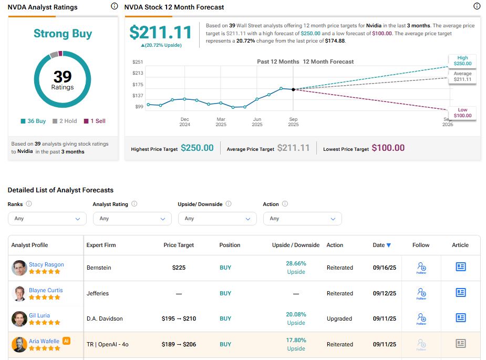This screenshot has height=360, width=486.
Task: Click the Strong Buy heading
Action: click(63, 34)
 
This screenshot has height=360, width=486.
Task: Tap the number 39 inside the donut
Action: click(63, 77)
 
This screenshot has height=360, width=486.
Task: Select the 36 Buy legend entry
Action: click(33, 121)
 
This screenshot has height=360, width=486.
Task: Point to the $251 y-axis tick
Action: click(138, 62)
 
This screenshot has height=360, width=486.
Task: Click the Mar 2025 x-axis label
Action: click(221, 122)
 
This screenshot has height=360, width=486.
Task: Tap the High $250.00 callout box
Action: click(462, 60)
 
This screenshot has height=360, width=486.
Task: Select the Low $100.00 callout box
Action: click(462, 112)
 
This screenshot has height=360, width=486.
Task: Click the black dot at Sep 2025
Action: click(293, 89)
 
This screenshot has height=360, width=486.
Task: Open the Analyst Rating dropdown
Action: click(132, 219)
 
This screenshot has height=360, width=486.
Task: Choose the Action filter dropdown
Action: click(302, 219)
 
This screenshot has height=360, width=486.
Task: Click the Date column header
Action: click(381, 245)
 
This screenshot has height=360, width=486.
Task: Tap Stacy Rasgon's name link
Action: click(46, 264)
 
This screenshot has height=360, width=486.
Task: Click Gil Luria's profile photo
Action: click(19, 319)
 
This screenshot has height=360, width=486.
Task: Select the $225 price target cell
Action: click(179, 268)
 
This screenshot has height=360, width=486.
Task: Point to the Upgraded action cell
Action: click(339, 318)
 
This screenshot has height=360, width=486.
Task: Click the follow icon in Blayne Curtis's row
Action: click(421, 293)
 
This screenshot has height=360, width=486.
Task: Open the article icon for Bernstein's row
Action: click(460, 267)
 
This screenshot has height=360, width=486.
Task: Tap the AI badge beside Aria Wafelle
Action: click(67, 341)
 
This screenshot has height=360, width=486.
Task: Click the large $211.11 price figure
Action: click(161, 33)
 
